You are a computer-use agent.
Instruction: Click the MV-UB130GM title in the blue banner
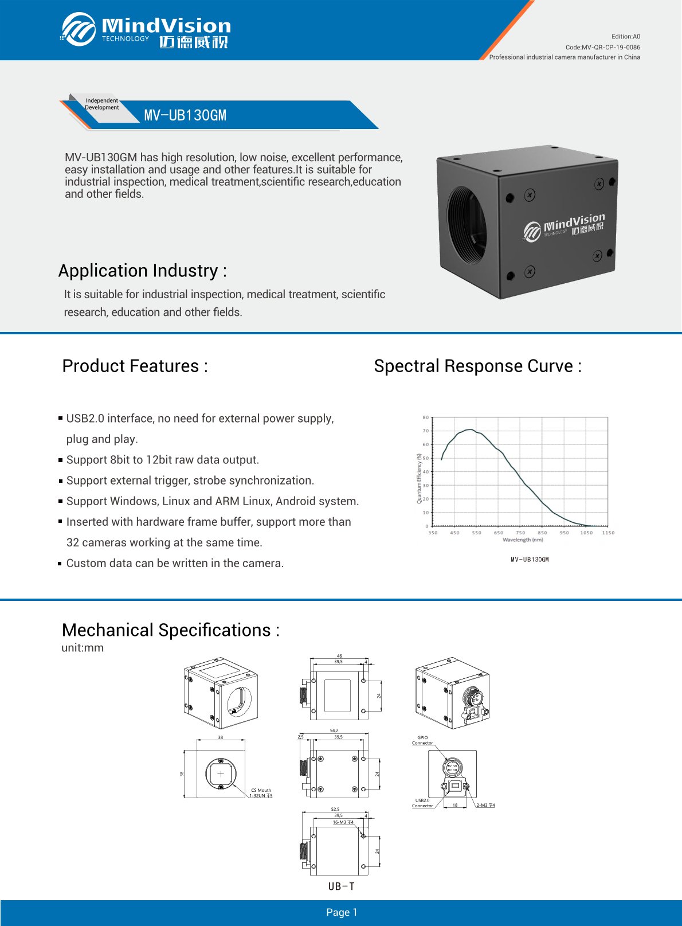[x=185, y=115]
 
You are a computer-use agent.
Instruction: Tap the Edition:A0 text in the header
[x=625, y=37]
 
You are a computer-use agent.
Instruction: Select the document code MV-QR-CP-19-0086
[x=611, y=48]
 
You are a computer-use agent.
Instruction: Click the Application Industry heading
[x=142, y=271]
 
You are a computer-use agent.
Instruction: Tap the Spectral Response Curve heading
[x=477, y=366]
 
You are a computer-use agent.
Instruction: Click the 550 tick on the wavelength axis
[x=477, y=533]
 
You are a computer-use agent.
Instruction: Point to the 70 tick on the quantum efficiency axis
[x=426, y=431]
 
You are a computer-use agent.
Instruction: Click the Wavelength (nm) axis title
[x=523, y=540]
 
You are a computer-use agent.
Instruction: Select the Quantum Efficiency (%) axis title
[x=419, y=478]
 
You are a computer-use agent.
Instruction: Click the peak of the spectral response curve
[x=469, y=429]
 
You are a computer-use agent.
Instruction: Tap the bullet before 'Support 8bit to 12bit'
[x=60, y=460]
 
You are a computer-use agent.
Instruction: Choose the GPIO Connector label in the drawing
[x=422, y=740]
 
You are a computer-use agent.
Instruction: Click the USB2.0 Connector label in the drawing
[x=422, y=803]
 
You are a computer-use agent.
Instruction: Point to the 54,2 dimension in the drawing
[x=334, y=730]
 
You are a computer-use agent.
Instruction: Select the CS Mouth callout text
[x=261, y=790]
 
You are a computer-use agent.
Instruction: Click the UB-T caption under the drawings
[x=342, y=886]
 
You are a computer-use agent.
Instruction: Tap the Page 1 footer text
[x=342, y=912]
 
